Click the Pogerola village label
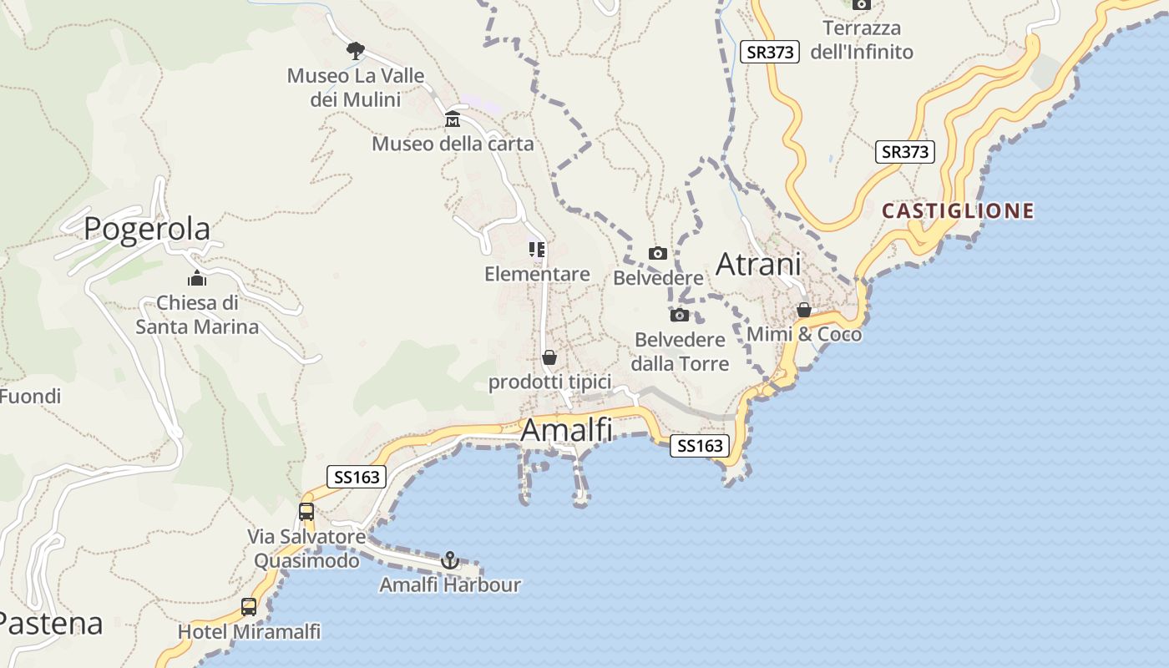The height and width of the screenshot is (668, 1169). pyautogui.click(x=147, y=228)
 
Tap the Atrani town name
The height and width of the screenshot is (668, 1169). pyautogui.click(x=758, y=265)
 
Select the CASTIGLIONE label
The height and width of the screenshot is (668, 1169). pyautogui.click(x=958, y=211)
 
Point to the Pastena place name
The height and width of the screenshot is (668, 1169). pyautogui.click(x=50, y=623)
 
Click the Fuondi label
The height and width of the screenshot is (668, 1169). pyautogui.click(x=30, y=396)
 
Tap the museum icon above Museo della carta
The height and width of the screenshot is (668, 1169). pyautogui.click(x=453, y=119)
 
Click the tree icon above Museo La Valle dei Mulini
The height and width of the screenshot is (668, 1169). pyautogui.click(x=356, y=51)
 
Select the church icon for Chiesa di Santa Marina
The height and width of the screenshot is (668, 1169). pyautogui.click(x=197, y=278)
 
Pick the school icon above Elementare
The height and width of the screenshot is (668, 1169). pyautogui.click(x=537, y=250)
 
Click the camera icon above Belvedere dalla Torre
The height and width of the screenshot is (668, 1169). pyautogui.click(x=680, y=315)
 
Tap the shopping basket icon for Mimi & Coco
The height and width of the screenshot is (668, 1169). pyautogui.click(x=804, y=310)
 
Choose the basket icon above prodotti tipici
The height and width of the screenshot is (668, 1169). pyautogui.click(x=549, y=358)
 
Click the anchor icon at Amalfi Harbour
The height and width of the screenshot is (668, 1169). pyautogui.click(x=450, y=560)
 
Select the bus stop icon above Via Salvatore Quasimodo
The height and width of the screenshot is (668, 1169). pyautogui.click(x=306, y=512)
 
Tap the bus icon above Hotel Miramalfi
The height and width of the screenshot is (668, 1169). pyautogui.click(x=249, y=607)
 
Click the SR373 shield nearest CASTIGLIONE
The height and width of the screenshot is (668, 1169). pyautogui.click(x=905, y=152)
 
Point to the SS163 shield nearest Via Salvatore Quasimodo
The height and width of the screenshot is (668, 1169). pyautogui.click(x=357, y=477)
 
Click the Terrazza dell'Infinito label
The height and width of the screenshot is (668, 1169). pyautogui.click(x=868, y=40)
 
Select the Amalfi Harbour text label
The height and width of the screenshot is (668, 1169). pyautogui.click(x=450, y=584)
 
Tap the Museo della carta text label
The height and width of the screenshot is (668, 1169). pyautogui.click(x=453, y=144)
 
